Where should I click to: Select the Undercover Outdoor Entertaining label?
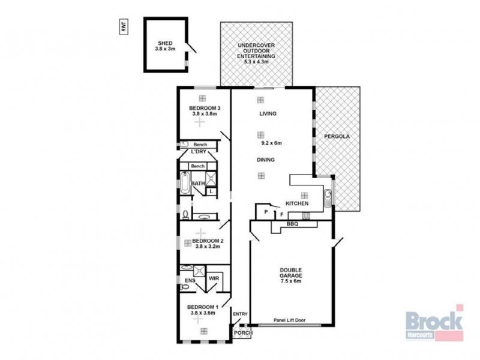click(x=256, y=53)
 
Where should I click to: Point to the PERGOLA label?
click(x=337, y=136)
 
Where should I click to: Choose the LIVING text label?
click(x=268, y=113)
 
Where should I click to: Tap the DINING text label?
click(x=266, y=160)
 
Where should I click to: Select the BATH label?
click(x=198, y=184)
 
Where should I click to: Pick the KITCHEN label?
click(x=297, y=204)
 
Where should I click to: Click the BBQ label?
click(x=293, y=224)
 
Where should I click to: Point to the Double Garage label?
click(x=290, y=274)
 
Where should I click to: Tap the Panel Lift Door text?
click(x=290, y=320)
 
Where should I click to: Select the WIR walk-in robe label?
click(x=214, y=279)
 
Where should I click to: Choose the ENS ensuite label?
click(x=190, y=280)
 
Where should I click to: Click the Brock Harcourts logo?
click(x=434, y=323)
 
